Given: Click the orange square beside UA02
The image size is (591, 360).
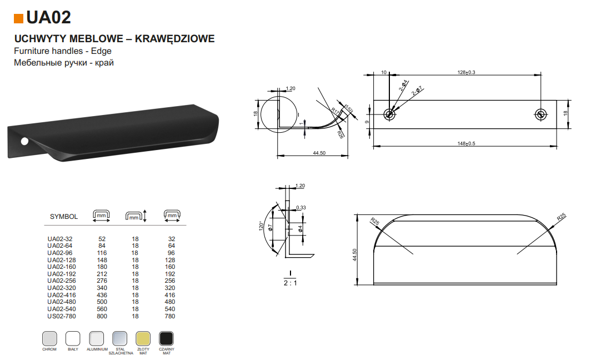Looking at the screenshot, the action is click(18, 18).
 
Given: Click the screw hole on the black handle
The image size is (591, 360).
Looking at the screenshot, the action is click(24, 142).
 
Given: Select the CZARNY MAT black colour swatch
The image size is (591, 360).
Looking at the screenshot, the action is click(166, 338).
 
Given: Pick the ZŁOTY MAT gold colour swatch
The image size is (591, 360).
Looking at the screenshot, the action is click(143, 338).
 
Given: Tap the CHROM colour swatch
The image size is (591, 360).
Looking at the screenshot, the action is click(50, 338).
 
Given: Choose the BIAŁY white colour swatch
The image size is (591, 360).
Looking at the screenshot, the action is click(73, 338).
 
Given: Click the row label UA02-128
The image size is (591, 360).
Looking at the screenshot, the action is click(62, 260).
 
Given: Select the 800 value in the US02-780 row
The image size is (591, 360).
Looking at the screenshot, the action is click(102, 316).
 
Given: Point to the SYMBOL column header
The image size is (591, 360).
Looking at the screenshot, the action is click(64, 217).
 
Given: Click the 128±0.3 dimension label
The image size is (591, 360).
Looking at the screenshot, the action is click(466, 72).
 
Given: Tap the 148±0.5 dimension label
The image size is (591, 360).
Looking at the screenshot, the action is click(466, 144).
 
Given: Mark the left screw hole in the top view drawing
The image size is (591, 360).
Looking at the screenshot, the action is click(389, 114).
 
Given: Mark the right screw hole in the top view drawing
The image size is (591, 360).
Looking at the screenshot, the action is click(541, 114).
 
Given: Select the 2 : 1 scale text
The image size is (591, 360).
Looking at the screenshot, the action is click(290, 283).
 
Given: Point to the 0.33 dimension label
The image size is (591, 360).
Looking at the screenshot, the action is click(301, 208).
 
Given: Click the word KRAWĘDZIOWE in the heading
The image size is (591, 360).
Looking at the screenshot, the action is click(175, 39).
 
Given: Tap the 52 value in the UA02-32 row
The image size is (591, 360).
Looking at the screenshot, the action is click(102, 239).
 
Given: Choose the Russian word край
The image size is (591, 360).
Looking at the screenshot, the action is click(104, 63).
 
